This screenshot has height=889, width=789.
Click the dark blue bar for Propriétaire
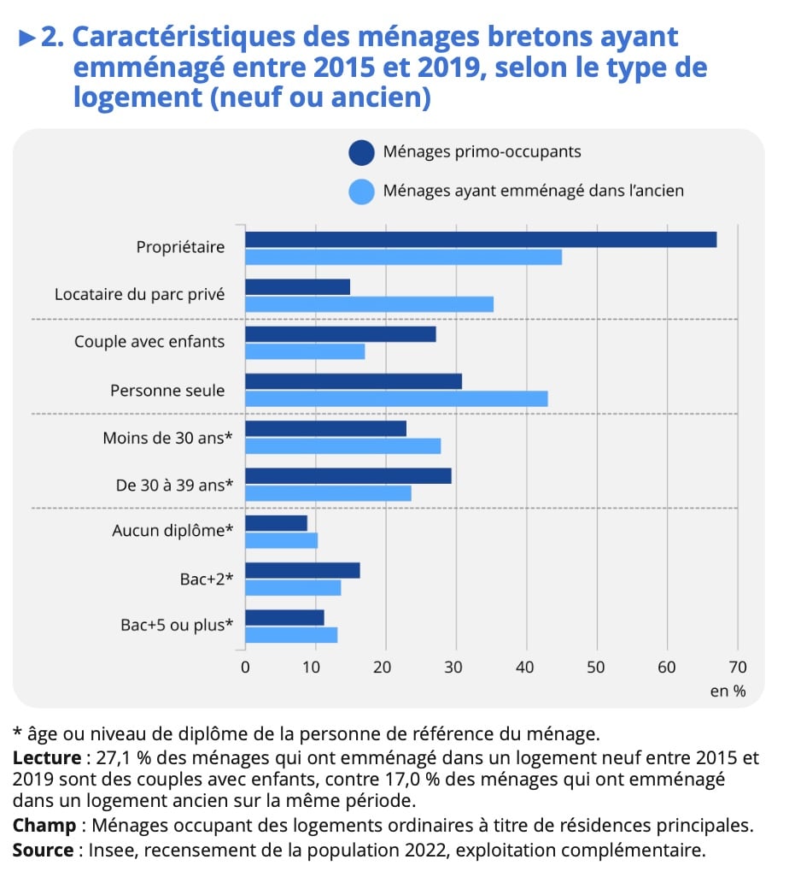(481, 240)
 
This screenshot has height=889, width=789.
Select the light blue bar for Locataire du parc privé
(369, 304)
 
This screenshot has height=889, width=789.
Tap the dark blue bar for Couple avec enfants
(341, 334)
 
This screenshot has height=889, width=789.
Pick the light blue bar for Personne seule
(396, 398)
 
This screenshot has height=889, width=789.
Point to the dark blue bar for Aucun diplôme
(276, 523)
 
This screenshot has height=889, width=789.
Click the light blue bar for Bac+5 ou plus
(291, 634)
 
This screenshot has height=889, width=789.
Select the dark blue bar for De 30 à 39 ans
(348, 476)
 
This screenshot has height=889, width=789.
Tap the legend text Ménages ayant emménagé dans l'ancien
(534, 191)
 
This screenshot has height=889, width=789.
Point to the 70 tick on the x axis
(736, 667)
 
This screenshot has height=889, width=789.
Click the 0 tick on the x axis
(246, 667)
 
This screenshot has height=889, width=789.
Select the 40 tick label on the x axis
(526, 667)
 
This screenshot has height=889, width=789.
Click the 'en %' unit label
(728, 691)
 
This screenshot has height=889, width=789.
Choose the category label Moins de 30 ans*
(168, 438)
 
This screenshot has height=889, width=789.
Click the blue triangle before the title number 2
(27, 38)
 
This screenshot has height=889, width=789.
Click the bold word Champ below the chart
(44, 826)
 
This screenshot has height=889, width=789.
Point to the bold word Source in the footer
(43, 851)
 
